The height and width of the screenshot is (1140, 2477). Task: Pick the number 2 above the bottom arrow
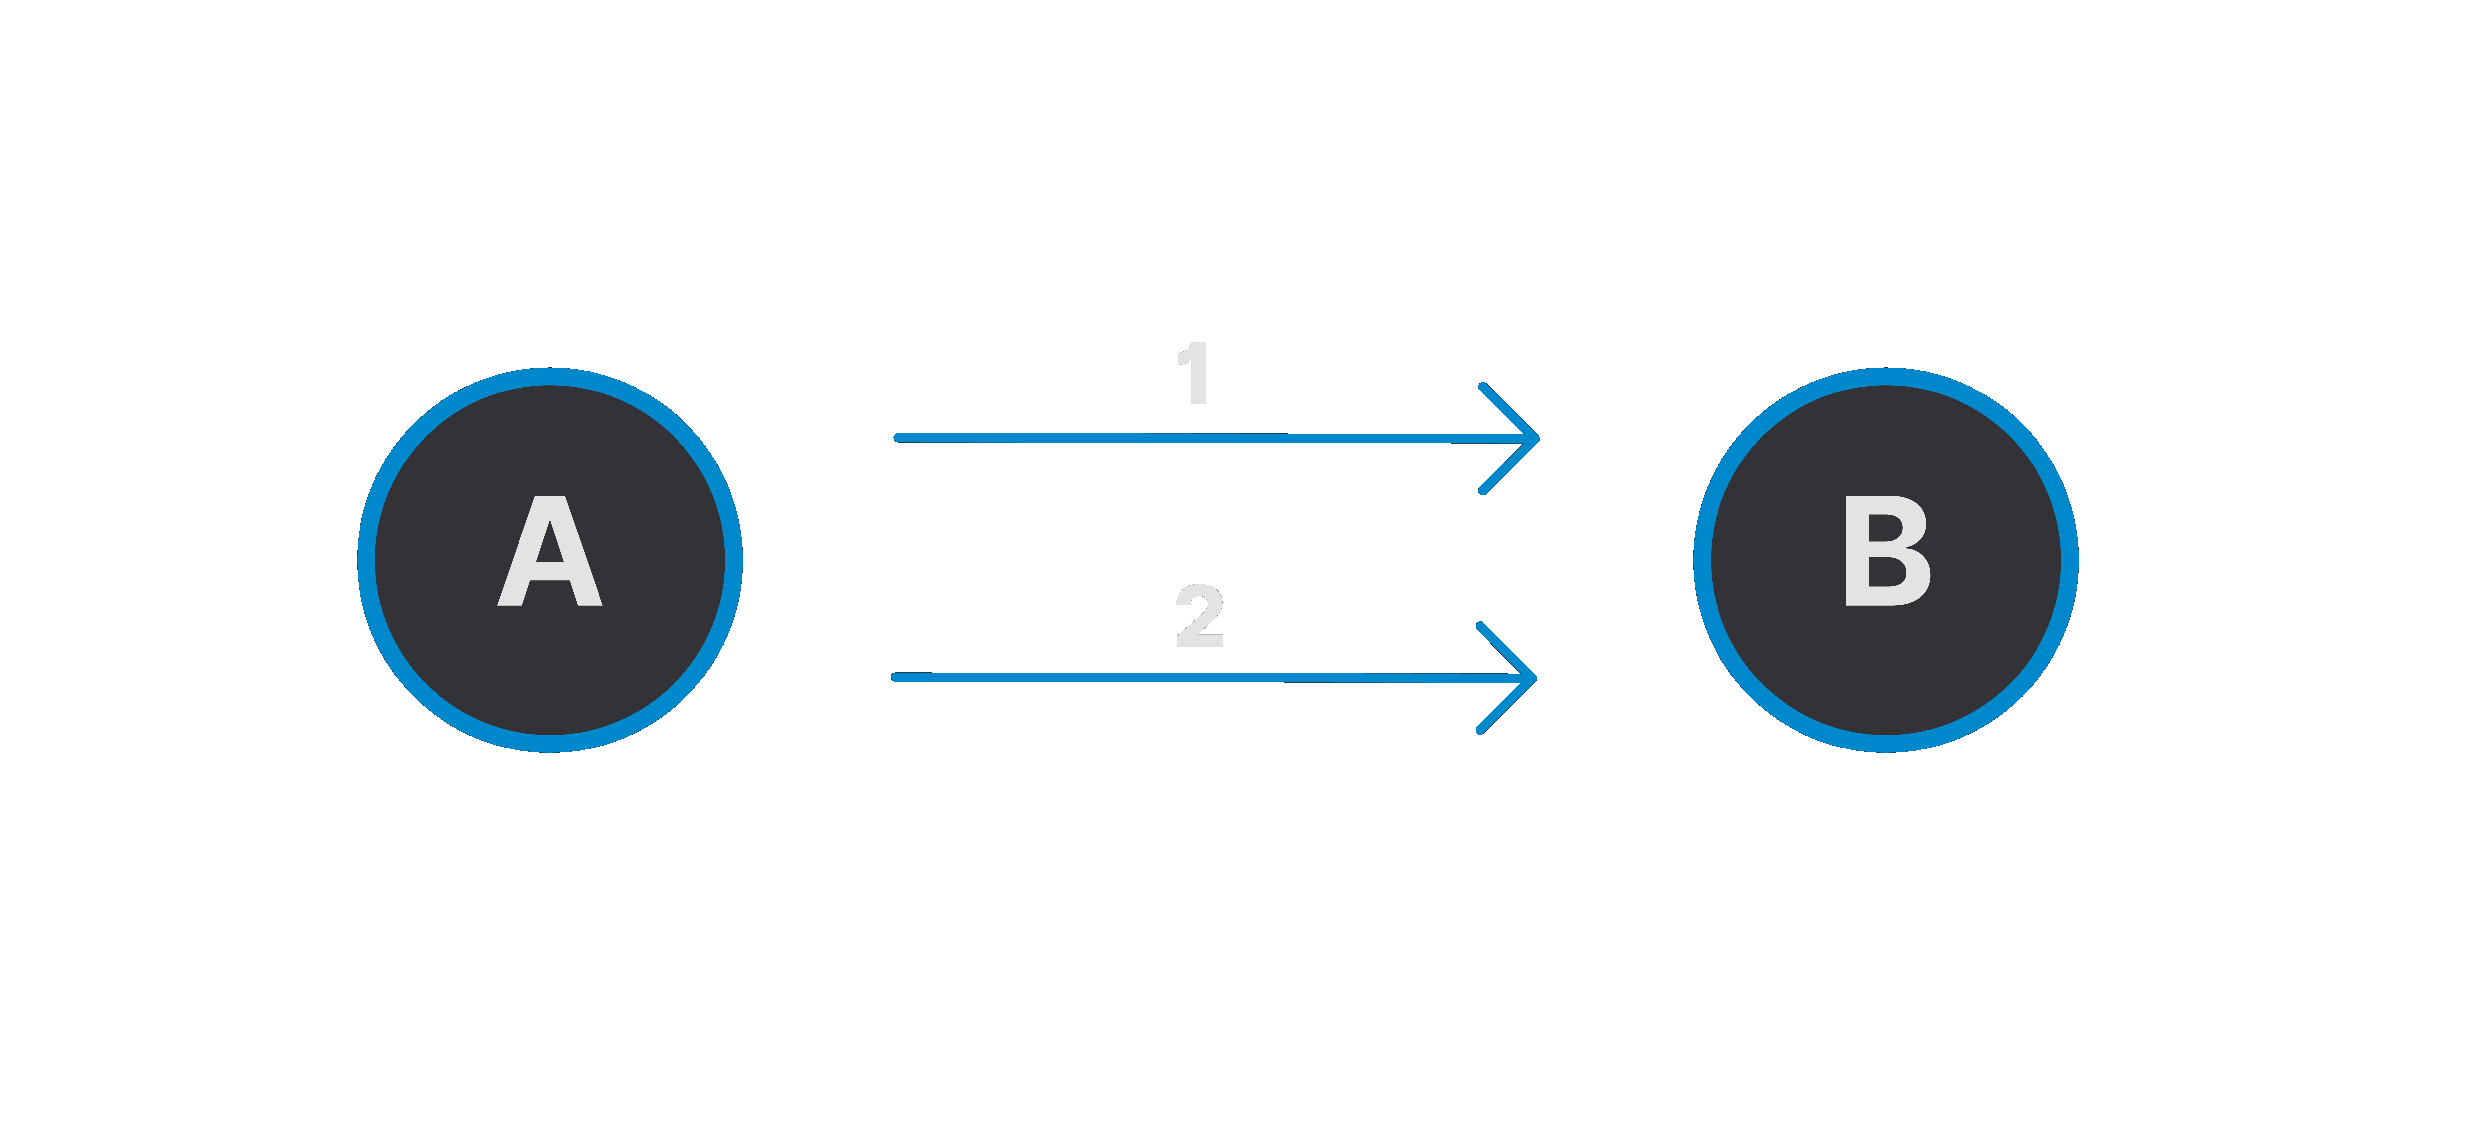pos(1199,615)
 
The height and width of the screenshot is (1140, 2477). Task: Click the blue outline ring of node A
pos(366,559)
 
